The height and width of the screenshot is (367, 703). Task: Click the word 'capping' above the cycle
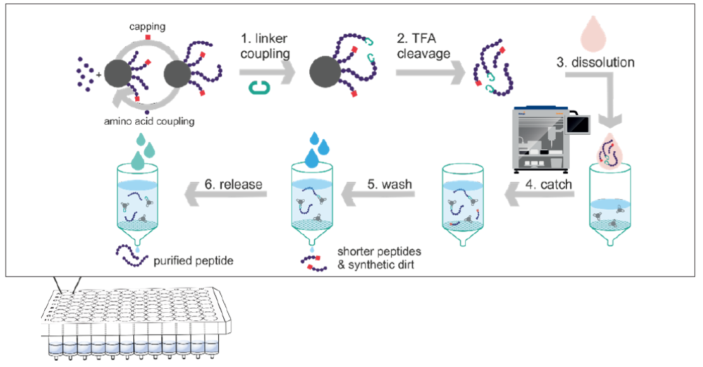point(147,26)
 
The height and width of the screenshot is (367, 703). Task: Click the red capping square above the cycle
point(147,38)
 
